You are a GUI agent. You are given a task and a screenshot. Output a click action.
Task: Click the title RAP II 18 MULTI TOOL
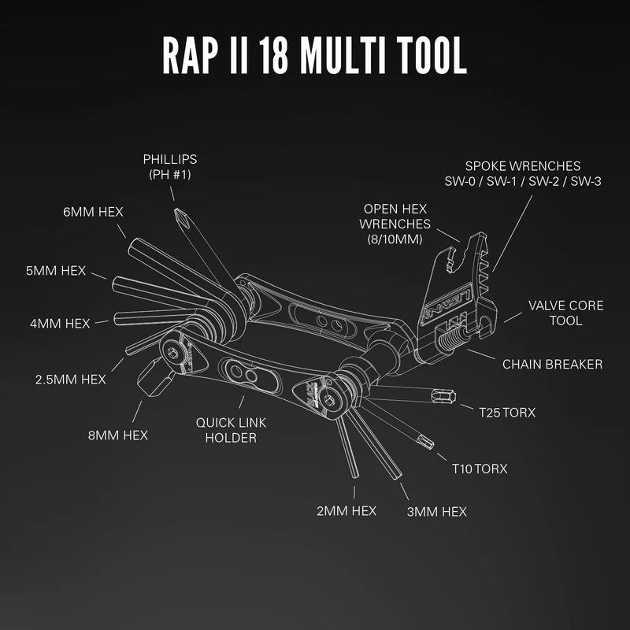click(314, 54)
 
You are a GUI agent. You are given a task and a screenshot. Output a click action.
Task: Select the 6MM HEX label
click(93, 212)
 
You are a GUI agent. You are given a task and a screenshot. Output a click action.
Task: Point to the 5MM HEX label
click(54, 270)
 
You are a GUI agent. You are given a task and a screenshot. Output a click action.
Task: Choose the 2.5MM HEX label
click(70, 379)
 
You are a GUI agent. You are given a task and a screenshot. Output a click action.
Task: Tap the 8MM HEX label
click(118, 434)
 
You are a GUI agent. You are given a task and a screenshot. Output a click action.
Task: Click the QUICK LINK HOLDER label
click(231, 430)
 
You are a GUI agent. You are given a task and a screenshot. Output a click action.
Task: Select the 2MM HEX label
click(346, 511)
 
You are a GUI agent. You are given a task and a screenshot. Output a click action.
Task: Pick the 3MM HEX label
click(436, 512)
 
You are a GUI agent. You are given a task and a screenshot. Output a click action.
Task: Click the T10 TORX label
click(480, 469)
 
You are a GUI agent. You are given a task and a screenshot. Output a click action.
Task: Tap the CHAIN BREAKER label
click(552, 364)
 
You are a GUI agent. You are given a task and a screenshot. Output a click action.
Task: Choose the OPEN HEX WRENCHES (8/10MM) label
click(395, 224)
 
